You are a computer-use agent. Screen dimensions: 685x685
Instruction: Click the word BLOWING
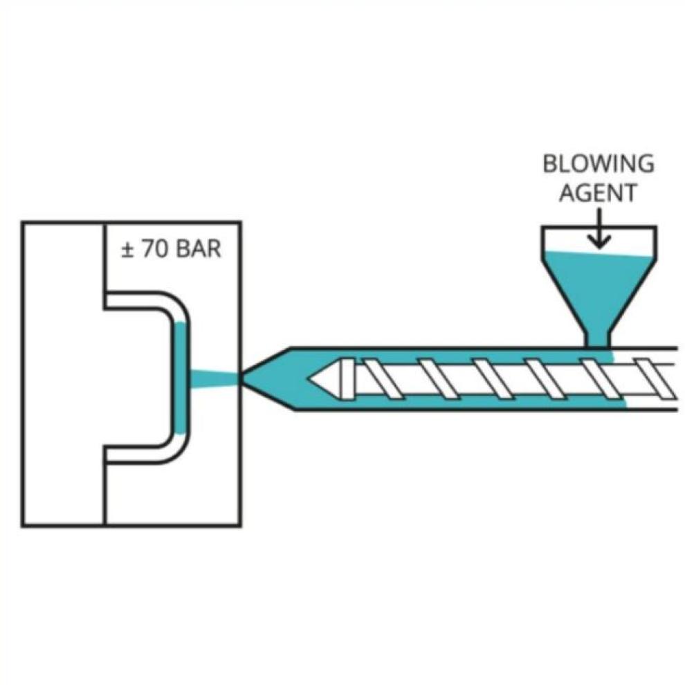[598, 164]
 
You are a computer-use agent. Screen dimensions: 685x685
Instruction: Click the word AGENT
[598, 193]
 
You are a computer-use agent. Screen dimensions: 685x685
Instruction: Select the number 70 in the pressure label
[154, 249]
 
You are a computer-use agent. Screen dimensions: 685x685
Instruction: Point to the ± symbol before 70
[127, 249]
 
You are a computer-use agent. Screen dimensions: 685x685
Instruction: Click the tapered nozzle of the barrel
[266, 378]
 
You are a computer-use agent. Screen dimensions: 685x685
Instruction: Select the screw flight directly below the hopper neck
[596, 378]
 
